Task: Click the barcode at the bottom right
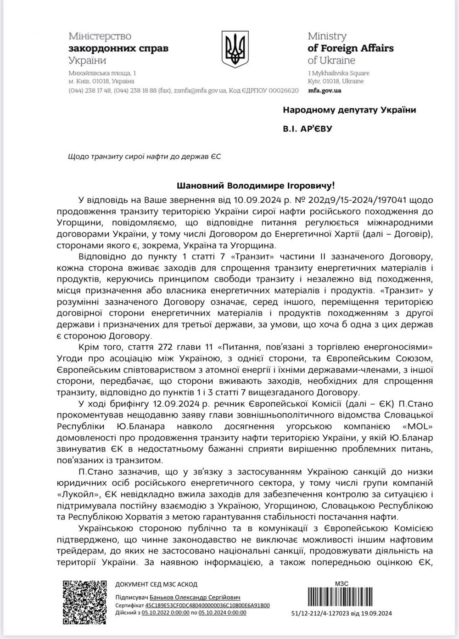[342, 597]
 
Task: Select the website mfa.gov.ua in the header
[324, 90]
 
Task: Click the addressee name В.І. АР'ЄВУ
[307, 129]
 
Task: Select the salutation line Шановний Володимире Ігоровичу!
[256, 186]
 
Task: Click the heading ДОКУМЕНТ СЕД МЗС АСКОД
[156, 584]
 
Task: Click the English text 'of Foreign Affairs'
[350, 48]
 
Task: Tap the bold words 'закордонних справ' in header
[118, 48]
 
